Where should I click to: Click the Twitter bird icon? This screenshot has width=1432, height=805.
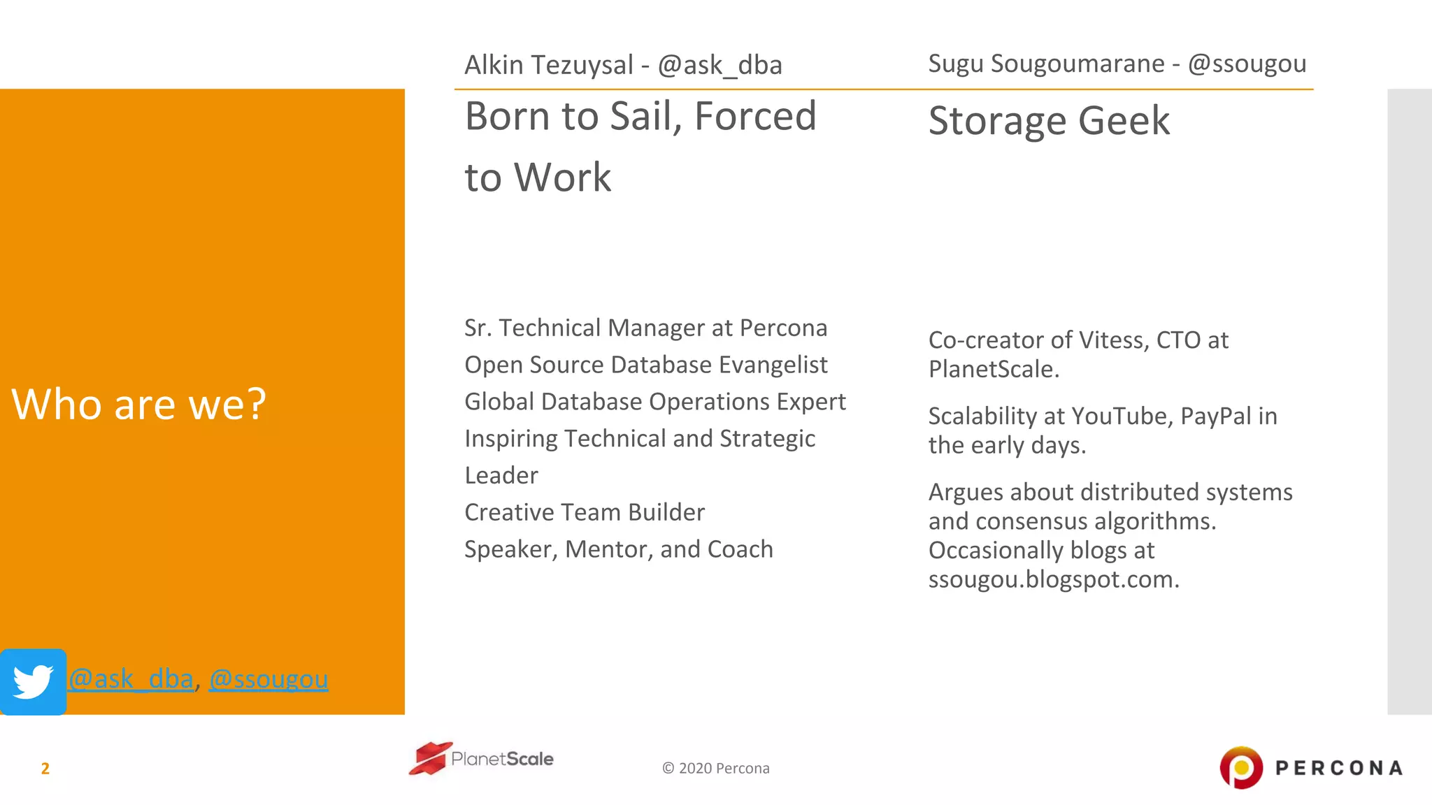33,682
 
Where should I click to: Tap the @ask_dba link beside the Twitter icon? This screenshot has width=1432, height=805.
131,679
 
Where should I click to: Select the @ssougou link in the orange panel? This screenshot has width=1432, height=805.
268,679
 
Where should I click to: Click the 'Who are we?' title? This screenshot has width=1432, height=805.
138,404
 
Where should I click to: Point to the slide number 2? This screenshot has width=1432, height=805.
45,769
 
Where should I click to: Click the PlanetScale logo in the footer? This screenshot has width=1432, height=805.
481,759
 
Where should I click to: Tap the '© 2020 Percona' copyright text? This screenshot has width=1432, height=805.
715,769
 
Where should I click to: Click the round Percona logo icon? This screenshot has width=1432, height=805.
1241,767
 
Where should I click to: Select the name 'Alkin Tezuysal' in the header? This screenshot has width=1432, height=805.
549,65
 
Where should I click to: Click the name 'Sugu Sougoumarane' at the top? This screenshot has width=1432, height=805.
1046,64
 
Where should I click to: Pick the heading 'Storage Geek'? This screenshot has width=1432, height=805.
1048,121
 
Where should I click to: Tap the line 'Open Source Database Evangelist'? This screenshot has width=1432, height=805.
645,365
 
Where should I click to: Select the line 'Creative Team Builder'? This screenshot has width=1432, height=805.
585,512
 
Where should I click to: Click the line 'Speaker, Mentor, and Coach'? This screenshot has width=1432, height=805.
619,549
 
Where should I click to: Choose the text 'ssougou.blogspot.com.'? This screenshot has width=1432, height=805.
1054,579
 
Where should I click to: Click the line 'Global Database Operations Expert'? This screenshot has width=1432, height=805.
655,402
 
